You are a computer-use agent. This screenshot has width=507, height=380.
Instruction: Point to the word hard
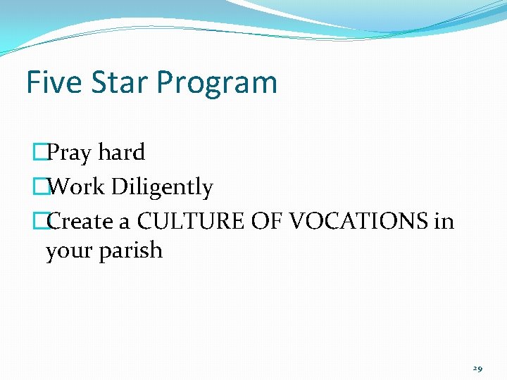click(121, 152)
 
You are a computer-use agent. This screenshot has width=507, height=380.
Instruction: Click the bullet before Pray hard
click(39, 153)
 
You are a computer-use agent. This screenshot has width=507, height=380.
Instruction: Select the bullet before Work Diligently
click(39, 187)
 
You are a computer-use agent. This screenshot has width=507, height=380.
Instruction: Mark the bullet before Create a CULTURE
click(39, 222)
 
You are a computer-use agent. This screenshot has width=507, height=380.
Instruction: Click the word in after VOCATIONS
click(444, 222)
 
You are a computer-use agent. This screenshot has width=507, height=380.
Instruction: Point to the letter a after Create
click(124, 223)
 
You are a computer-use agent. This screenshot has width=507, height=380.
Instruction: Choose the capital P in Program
click(165, 82)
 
